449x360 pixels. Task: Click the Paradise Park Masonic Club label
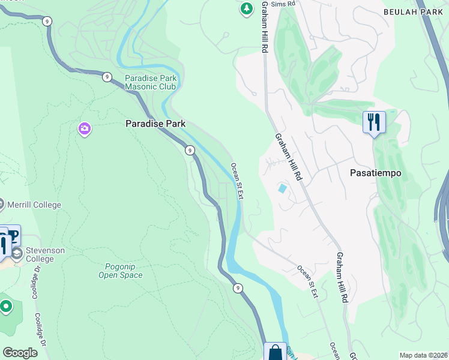(150, 82)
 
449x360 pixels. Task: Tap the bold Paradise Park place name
(155, 124)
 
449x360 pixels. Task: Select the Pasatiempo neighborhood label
(375, 172)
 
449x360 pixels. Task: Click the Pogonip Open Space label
(120, 270)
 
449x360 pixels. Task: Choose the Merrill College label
(34, 205)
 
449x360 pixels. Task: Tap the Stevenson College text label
(44, 254)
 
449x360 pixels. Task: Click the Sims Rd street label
(284, 4)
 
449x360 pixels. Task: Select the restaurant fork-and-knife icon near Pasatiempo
(374, 122)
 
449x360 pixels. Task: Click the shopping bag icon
(276, 352)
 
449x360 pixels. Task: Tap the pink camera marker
(85, 128)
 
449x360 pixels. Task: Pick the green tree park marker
(246, 8)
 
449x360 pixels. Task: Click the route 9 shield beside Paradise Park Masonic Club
(106, 76)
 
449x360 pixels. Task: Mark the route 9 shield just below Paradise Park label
(189, 150)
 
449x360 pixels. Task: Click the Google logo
(20, 353)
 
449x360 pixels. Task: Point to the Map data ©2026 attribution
(423, 355)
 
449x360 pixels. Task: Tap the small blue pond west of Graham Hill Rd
(283, 188)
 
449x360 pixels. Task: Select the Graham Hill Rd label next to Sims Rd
(264, 27)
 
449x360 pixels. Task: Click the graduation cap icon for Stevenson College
(17, 253)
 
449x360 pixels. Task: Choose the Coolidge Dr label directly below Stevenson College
(34, 282)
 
